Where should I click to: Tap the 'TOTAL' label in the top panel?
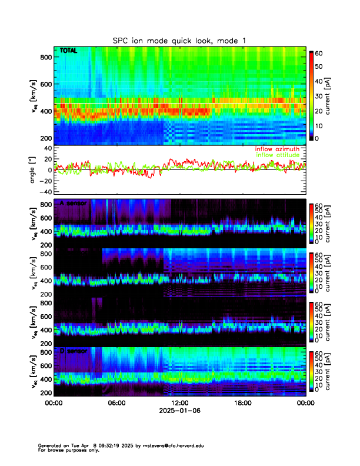(x=69, y=51)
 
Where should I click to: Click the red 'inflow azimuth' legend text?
(x=277, y=149)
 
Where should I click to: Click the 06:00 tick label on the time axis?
(x=116, y=403)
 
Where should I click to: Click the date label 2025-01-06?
(x=179, y=411)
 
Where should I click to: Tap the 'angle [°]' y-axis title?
(x=34, y=169)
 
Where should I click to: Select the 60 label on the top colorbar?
(x=320, y=53)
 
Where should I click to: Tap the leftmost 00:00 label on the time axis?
(x=54, y=403)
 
